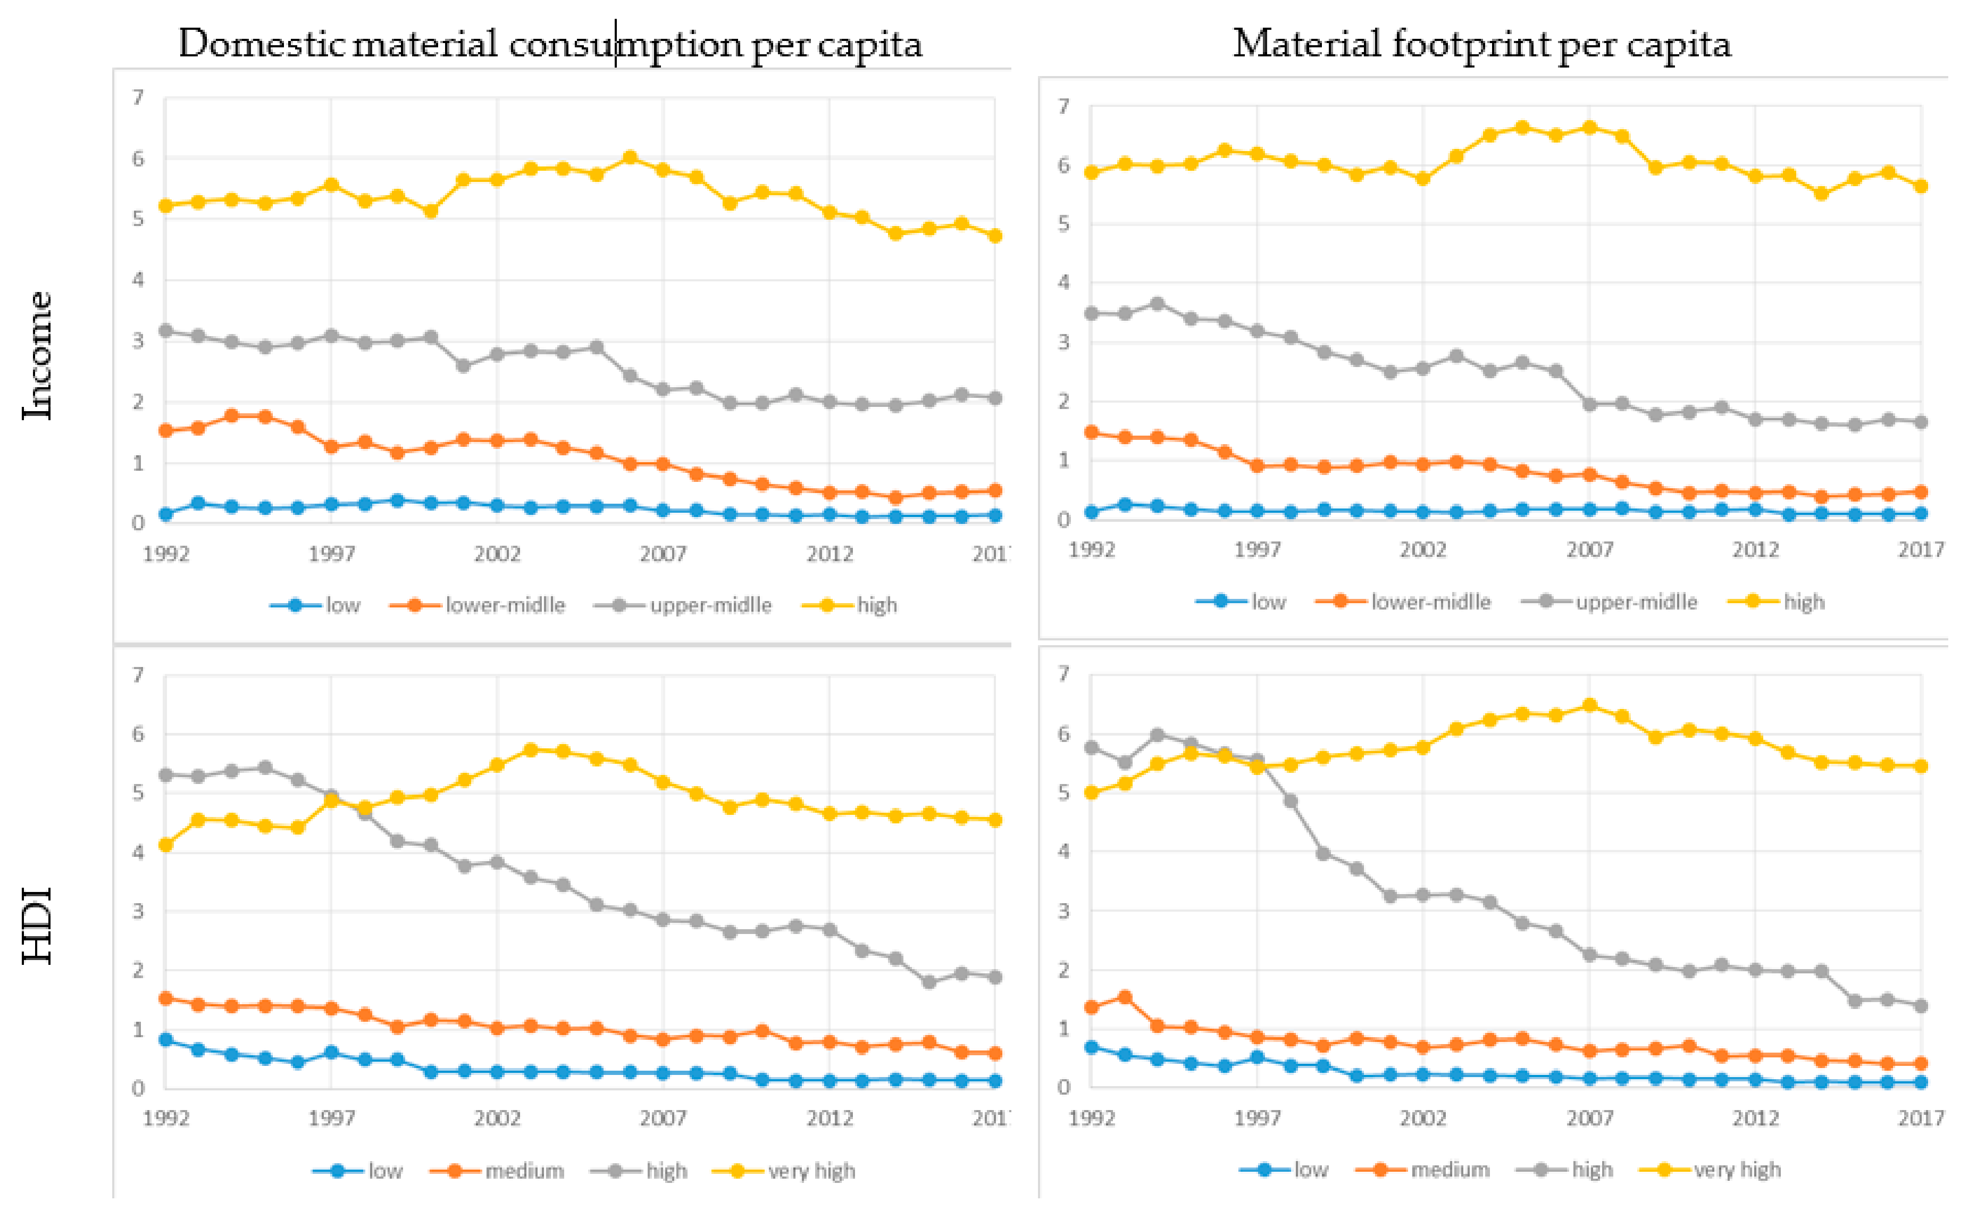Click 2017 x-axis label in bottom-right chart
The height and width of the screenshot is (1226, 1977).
(1920, 1118)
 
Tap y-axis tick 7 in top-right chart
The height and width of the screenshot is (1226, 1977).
(1063, 106)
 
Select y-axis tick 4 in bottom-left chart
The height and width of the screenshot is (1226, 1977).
(138, 852)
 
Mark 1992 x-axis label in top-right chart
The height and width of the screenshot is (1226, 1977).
(1092, 550)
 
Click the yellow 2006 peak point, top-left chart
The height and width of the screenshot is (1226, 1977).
(630, 157)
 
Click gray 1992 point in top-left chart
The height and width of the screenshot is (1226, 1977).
(165, 330)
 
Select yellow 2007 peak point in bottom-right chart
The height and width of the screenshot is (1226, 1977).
(1589, 705)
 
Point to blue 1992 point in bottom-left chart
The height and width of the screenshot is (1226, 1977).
(165, 1039)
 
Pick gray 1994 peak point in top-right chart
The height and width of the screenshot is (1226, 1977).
(1158, 303)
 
